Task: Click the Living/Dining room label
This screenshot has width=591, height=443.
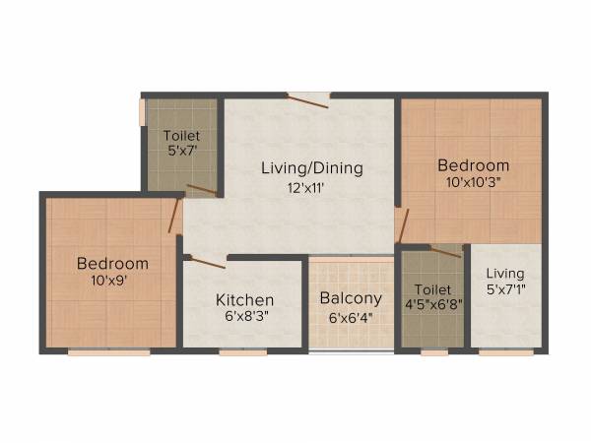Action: (311, 168)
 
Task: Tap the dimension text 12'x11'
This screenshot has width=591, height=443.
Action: (311, 187)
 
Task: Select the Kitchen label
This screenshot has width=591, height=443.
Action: (244, 299)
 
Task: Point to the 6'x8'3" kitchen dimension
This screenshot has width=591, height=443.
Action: (244, 318)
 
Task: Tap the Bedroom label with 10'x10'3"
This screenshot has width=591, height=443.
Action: (474, 165)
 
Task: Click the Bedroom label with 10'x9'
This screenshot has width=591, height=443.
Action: (112, 263)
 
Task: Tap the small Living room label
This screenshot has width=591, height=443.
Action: (505, 273)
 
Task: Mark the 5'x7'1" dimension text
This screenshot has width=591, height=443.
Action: (505, 289)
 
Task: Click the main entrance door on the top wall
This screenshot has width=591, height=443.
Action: (308, 96)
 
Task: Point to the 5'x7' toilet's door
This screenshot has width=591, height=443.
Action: (201, 189)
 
